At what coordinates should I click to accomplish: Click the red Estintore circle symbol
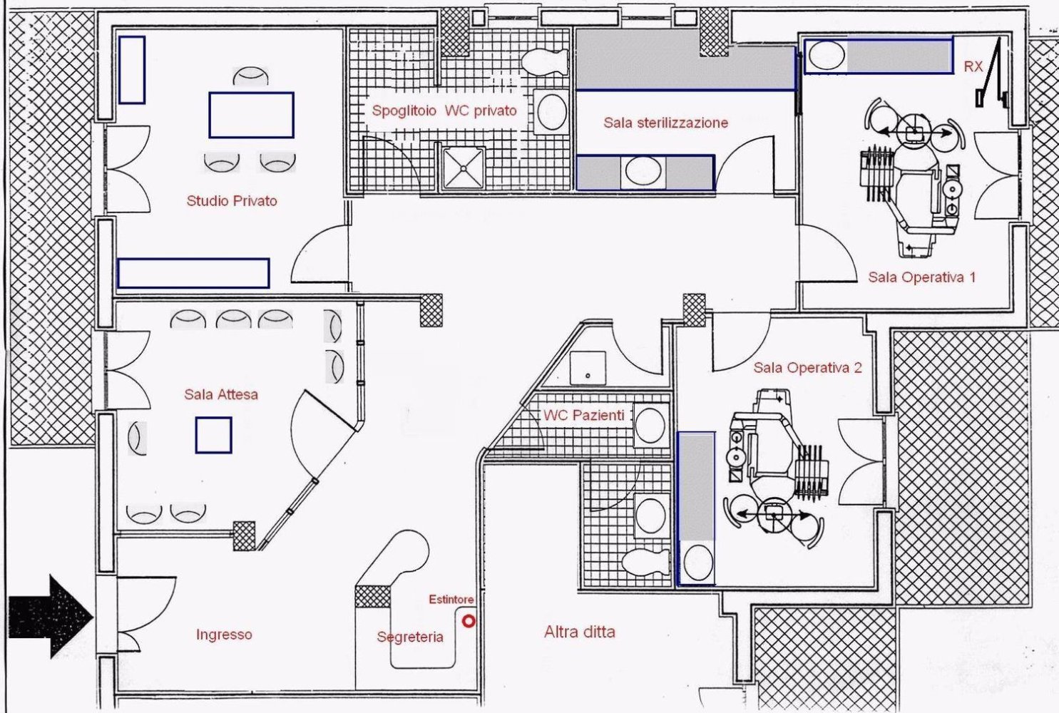click(x=469, y=621)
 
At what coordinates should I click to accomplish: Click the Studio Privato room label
click(x=231, y=201)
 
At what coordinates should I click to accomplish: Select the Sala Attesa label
click(x=220, y=394)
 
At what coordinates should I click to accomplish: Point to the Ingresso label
click(x=224, y=635)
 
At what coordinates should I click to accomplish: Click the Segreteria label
click(x=410, y=637)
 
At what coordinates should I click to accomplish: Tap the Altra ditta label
click(x=579, y=632)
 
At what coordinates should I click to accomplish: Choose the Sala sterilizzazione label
click(x=665, y=123)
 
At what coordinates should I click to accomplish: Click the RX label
click(x=973, y=66)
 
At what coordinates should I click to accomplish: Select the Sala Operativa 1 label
click(x=921, y=277)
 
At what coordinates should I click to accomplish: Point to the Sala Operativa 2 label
click(x=807, y=368)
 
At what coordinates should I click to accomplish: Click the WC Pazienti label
click(x=583, y=415)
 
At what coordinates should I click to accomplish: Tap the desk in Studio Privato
click(x=251, y=115)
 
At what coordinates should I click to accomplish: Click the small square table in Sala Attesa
click(x=213, y=436)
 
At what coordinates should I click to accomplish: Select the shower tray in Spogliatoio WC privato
click(x=463, y=168)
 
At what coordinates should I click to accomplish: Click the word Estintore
click(x=451, y=600)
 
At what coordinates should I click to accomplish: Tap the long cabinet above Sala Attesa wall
click(x=193, y=273)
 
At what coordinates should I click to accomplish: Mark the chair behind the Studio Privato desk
click(x=250, y=76)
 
